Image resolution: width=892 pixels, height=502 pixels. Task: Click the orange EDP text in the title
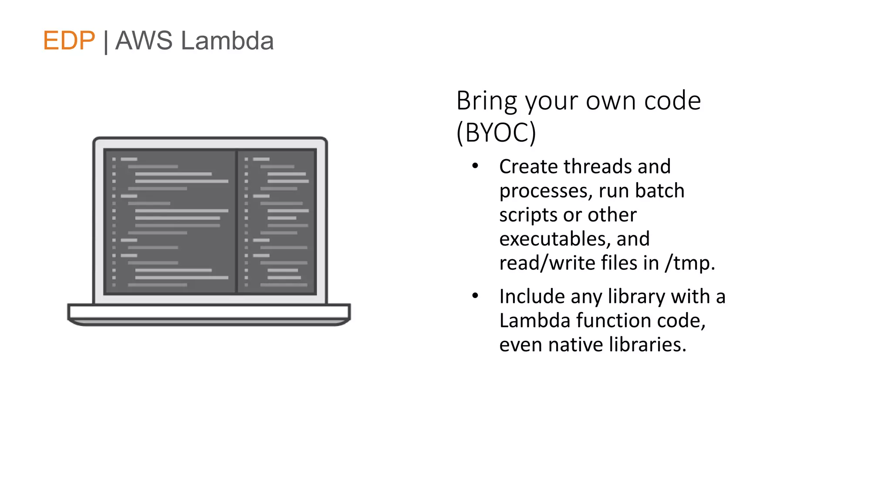tap(69, 41)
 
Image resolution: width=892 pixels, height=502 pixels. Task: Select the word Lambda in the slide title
tap(227, 41)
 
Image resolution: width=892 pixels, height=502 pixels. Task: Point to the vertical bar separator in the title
tap(106, 42)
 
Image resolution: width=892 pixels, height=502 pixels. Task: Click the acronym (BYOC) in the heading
tap(496, 132)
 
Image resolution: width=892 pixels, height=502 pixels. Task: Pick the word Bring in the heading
tap(487, 101)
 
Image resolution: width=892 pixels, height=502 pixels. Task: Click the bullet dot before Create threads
tap(475, 166)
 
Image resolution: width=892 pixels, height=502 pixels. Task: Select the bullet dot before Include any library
tap(475, 296)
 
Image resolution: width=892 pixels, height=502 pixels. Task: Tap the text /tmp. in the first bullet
tap(690, 263)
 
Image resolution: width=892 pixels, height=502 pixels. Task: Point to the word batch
tap(659, 191)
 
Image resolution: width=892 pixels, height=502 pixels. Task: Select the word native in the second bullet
tap(575, 345)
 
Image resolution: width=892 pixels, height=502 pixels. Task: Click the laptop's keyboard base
tap(209, 312)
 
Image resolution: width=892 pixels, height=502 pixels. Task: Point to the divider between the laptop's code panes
tap(237, 221)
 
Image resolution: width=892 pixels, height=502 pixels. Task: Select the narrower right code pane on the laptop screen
tap(277, 221)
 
